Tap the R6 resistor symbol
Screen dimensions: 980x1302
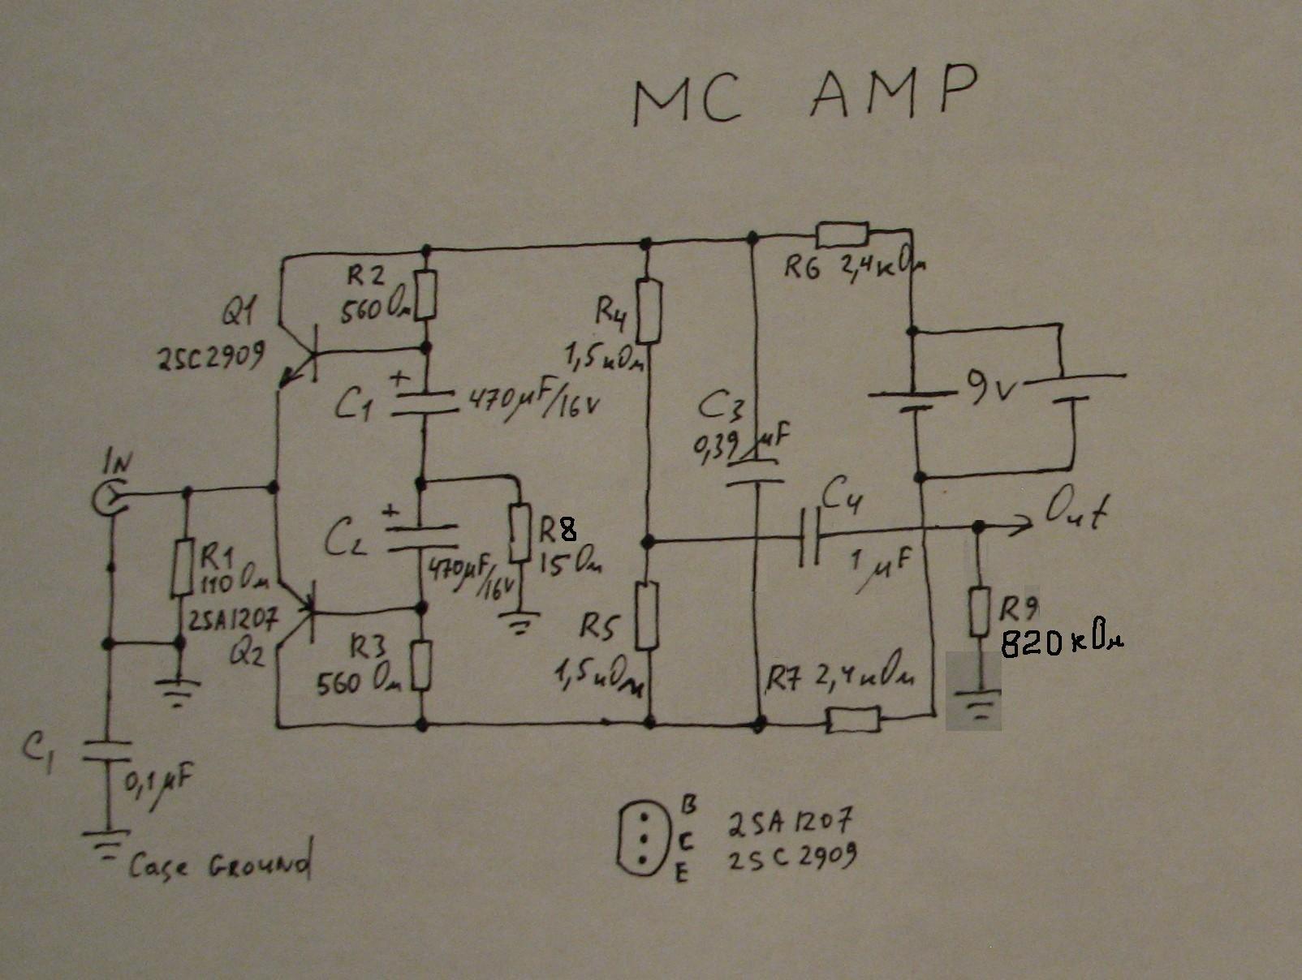(x=842, y=234)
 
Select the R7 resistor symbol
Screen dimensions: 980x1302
(x=852, y=719)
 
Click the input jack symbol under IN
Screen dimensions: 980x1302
(x=108, y=496)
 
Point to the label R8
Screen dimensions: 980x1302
(x=557, y=530)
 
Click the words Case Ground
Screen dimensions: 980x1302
(x=219, y=866)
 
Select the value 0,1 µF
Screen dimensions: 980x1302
(x=157, y=782)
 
